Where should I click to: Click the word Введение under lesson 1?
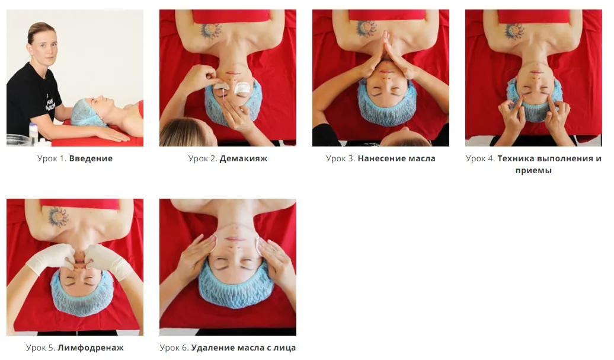[91, 159]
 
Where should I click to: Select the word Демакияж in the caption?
[244, 159]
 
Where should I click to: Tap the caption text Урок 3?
[340, 159]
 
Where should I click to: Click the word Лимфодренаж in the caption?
[91, 348]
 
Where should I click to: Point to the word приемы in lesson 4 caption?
[533, 171]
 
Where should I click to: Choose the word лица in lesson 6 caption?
[286, 348]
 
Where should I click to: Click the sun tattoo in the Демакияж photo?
[211, 31]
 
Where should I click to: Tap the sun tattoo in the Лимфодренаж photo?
[58, 217]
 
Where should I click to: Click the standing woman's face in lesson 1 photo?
[45, 47]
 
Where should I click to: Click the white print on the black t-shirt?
[50, 102]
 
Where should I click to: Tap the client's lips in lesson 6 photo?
[234, 238]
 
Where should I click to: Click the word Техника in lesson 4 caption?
[516, 159]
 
